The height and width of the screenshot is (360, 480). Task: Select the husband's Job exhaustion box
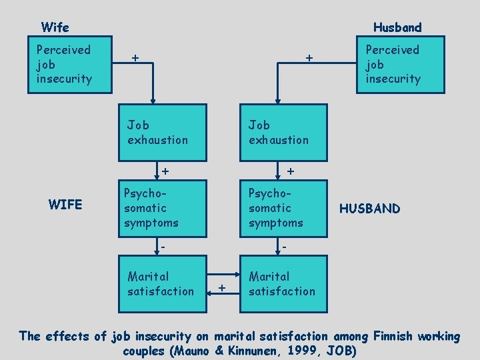pyautogui.click(x=283, y=132)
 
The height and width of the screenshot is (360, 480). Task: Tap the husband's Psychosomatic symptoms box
pyautogui.click(x=283, y=207)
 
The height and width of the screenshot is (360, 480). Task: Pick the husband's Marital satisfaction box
pyautogui.click(x=283, y=283)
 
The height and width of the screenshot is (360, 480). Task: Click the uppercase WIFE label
pyautogui.click(x=65, y=205)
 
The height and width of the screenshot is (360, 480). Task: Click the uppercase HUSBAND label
pyautogui.click(x=370, y=209)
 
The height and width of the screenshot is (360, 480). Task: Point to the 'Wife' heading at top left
pyautogui.click(x=55, y=27)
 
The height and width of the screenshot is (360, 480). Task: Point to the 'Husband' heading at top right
pyautogui.click(x=397, y=27)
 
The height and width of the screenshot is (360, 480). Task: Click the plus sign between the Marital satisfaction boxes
pyautogui.click(x=222, y=288)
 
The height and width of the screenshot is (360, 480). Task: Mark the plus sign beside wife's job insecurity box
pyautogui.click(x=135, y=58)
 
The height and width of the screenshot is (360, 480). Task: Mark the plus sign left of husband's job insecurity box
pyautogui.click(x=309, y=58)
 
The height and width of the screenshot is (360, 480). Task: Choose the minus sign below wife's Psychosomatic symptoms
pyautogui.click(x=163, y=247)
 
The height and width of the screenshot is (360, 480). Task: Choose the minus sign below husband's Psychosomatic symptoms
pyautogui.click(x=284, y=247)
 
